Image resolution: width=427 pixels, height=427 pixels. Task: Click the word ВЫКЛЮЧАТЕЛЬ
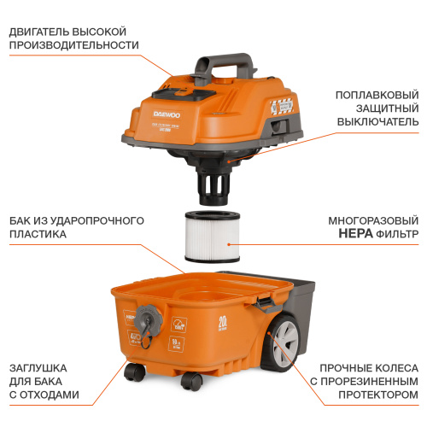[375, 121]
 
